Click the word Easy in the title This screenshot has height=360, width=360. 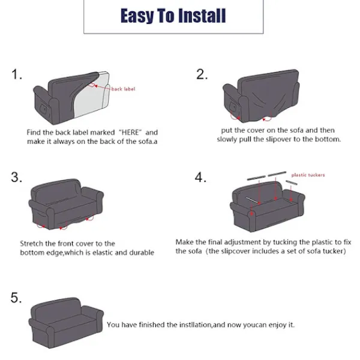pyautogui.click(x=137, y=16)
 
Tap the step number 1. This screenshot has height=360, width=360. pyautogui.click(x=17, y=74)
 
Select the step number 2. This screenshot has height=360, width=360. pyautogui.click(x=202, y=74)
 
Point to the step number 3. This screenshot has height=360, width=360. pyautogui.click(x=17, y=178)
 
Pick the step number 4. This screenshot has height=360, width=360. pyautogui.click(x=200, y=178)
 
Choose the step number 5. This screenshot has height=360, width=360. pyautogui.click(x=16, y=298)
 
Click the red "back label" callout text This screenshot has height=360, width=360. pyautogui.click(x=123, y=89)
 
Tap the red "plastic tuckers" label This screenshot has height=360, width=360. pyautogui.click(x=308, y=175)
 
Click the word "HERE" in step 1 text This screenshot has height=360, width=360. pyautogui.click(x=130, y=133)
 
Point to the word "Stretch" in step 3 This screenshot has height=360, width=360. pyautogui.click(x=31, y=244)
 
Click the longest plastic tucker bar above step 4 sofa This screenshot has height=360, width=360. pyautogui.click(x=277, y=174)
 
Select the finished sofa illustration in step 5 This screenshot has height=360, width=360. pyautogui.click(x=66, y=323)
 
